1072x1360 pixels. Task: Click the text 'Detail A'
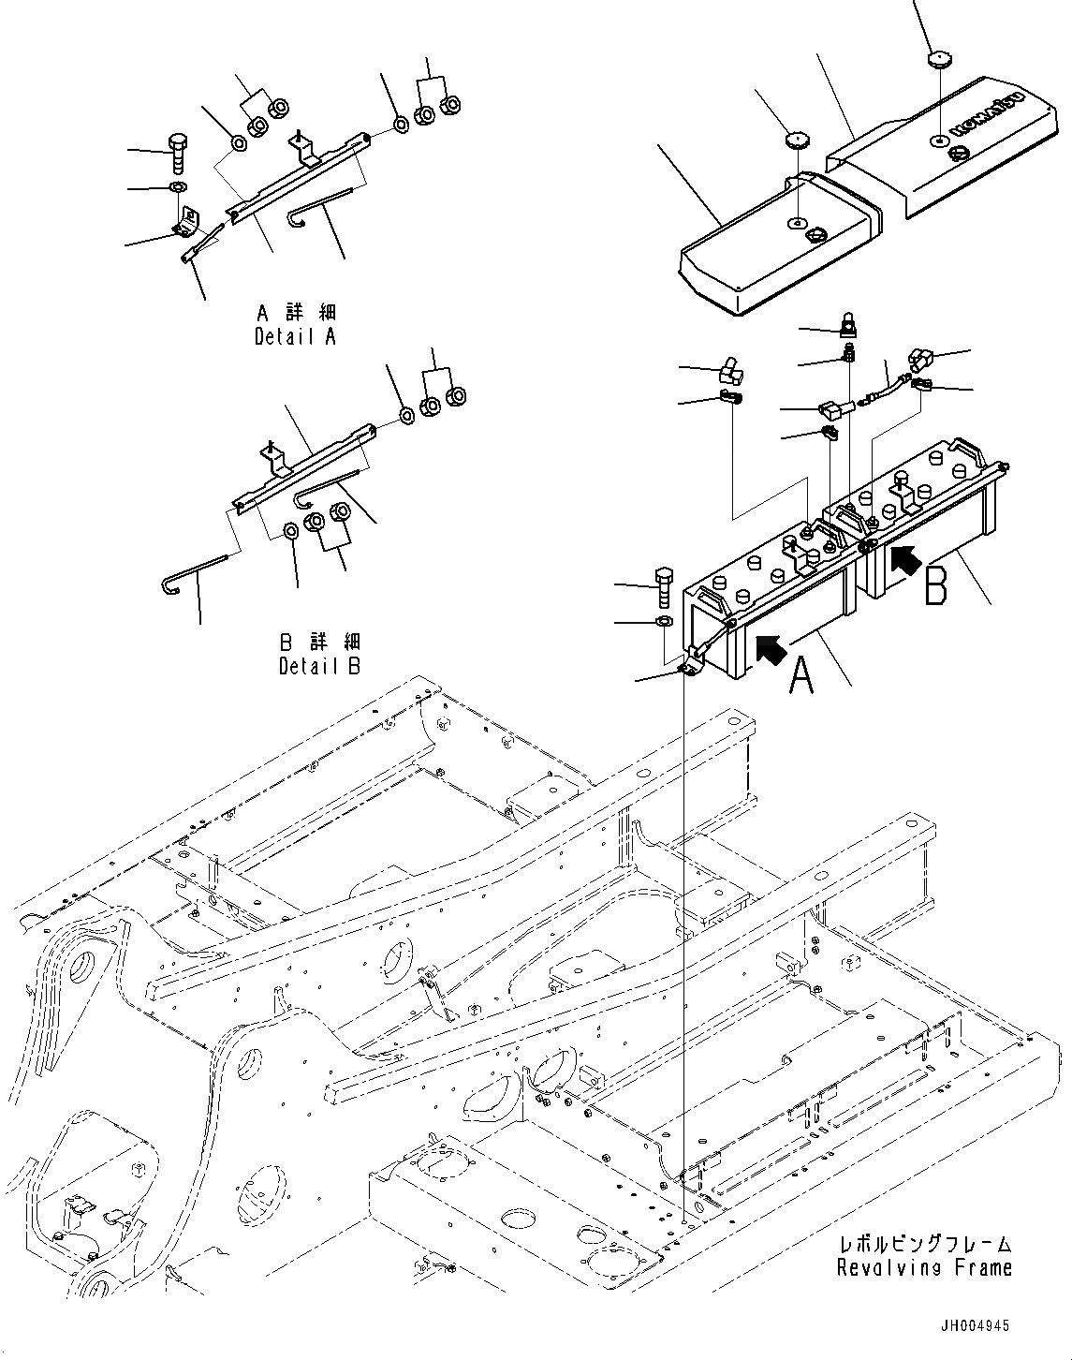pyautogui.click(x=295, y=337)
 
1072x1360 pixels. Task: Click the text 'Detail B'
pyautogui.click(x=319, y=667)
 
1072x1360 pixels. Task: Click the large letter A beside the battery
pyautogui.click(x=801, y=675)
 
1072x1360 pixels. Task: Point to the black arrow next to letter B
pyautogui.click(x=903, y=559)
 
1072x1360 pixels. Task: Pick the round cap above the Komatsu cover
pyautogui.click(x=938, y=60)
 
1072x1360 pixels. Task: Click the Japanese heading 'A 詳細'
pyautogui.click(x=296, y=313)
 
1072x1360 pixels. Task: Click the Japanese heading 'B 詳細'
pyautogui.click(x=319, y=643)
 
